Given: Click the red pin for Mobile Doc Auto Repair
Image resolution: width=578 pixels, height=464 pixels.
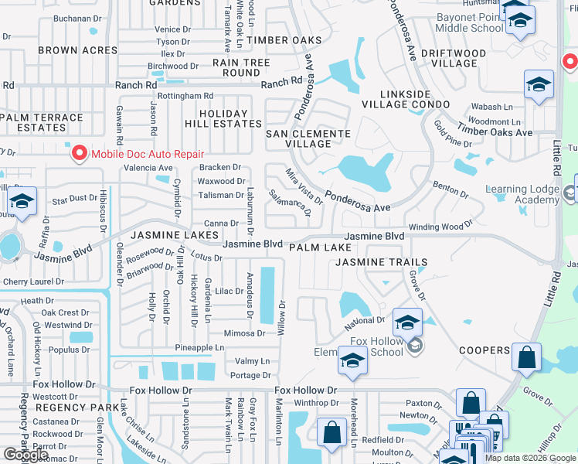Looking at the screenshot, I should pyautogui.click(x=79, y=154).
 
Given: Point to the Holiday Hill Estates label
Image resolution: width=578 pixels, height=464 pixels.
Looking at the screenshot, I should pyautogui.click(x=223, y=118).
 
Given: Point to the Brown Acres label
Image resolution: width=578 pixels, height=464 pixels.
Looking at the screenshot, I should pyautogui.click(x=78, y=50).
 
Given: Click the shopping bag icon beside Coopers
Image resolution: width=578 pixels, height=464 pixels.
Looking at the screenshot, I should pyautogui.click(x=526, y=358).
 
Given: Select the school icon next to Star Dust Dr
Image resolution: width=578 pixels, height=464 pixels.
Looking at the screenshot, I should pyautogui.click(x=23, y=203).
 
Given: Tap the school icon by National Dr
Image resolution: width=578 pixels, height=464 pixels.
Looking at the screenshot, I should pyautogui.click(x=407, y=322).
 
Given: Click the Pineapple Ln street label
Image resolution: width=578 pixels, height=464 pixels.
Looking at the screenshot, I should pyautogui.click(x=199, y=348).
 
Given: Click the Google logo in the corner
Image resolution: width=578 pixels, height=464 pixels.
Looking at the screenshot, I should pyautogui.click(x=26, y=455).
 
